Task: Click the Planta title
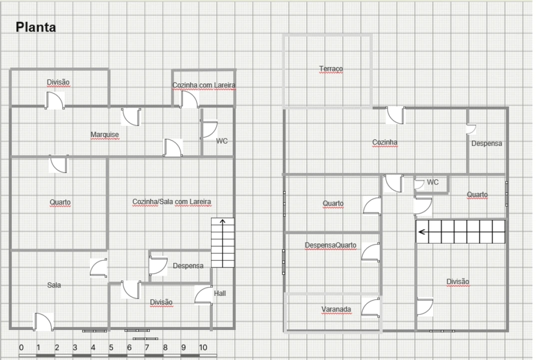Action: [36, 27]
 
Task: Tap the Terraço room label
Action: [331, 69]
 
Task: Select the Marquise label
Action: [104, 135]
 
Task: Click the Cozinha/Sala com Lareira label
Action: [172, 202]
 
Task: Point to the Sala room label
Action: [54, 285]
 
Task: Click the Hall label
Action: [220, 293]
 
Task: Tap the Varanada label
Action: [336, 309]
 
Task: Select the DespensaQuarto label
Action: [331, 245]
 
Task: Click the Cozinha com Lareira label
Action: [204, 85]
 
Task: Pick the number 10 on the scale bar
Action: [203, 347]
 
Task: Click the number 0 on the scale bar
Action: [21, 347]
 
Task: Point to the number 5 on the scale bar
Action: [111, 347]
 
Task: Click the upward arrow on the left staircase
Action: [222, 226]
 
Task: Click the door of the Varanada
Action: [371, 307]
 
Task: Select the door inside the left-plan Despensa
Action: [158, 266]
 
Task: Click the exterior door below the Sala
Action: [43, 321]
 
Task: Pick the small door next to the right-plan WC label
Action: [419, 184]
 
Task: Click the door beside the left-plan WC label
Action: [208, 129]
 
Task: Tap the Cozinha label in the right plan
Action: [385, 142]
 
